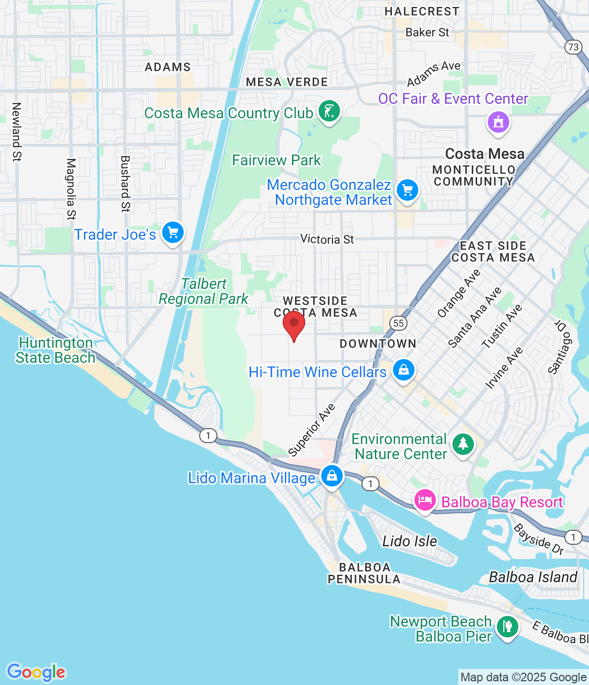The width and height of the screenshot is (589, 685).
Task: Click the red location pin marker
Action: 294,324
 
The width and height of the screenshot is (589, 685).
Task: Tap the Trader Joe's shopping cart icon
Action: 173,233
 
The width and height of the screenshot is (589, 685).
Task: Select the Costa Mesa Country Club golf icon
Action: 329,111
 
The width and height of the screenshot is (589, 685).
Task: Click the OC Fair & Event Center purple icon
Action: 499,122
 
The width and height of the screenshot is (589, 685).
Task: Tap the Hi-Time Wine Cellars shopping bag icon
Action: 404,370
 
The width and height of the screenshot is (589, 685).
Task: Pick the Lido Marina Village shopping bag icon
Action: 332,475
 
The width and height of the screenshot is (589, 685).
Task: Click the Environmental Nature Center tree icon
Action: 463,444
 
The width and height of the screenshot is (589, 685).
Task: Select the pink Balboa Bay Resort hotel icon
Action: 425,501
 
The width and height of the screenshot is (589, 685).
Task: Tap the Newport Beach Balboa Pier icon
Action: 507,626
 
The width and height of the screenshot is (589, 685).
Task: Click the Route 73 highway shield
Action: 573,47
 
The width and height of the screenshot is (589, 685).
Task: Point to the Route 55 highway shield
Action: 398,323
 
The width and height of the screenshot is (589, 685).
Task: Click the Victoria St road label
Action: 327,239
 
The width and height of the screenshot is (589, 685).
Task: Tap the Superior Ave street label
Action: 312,430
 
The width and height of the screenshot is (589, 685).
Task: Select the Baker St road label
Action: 427,33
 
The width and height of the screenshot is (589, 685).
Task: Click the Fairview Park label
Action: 276,160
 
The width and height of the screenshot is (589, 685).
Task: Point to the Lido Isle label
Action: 410,541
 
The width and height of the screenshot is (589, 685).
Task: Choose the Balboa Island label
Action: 533,577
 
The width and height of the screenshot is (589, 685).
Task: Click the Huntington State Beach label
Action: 55,350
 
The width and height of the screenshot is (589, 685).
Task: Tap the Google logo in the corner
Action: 36,672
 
